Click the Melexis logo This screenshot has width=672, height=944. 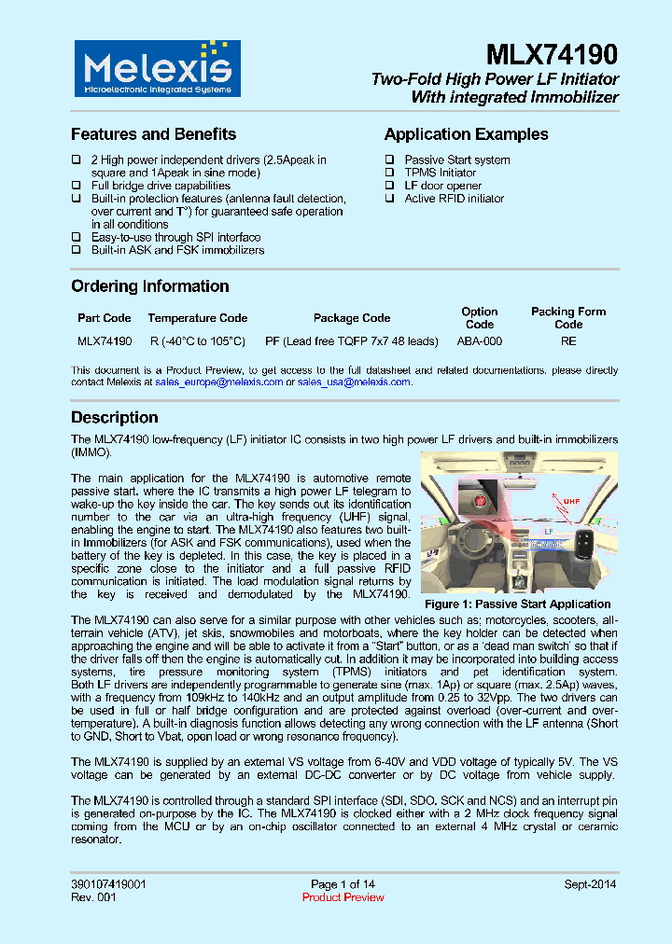tap(156, 69)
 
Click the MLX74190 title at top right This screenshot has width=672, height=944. tap(552, 56)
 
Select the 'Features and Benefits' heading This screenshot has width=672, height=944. tap(153, 134)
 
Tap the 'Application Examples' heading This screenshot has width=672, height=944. tap(466, 134)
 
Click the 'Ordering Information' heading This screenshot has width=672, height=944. tap(149, 286)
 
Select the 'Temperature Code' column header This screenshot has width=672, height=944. tap(197, 318)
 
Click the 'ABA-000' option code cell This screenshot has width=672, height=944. tap(480, 341)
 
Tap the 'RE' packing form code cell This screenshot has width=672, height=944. tap(568, 341)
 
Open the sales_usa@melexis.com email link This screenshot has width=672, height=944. tap(354, 382)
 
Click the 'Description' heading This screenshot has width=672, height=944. tap(115, 417)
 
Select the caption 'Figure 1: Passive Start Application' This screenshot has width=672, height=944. tap(517, 604)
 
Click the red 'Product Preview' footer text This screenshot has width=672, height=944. tap(343, 897)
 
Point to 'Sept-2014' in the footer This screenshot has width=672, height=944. tap(590, 884)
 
